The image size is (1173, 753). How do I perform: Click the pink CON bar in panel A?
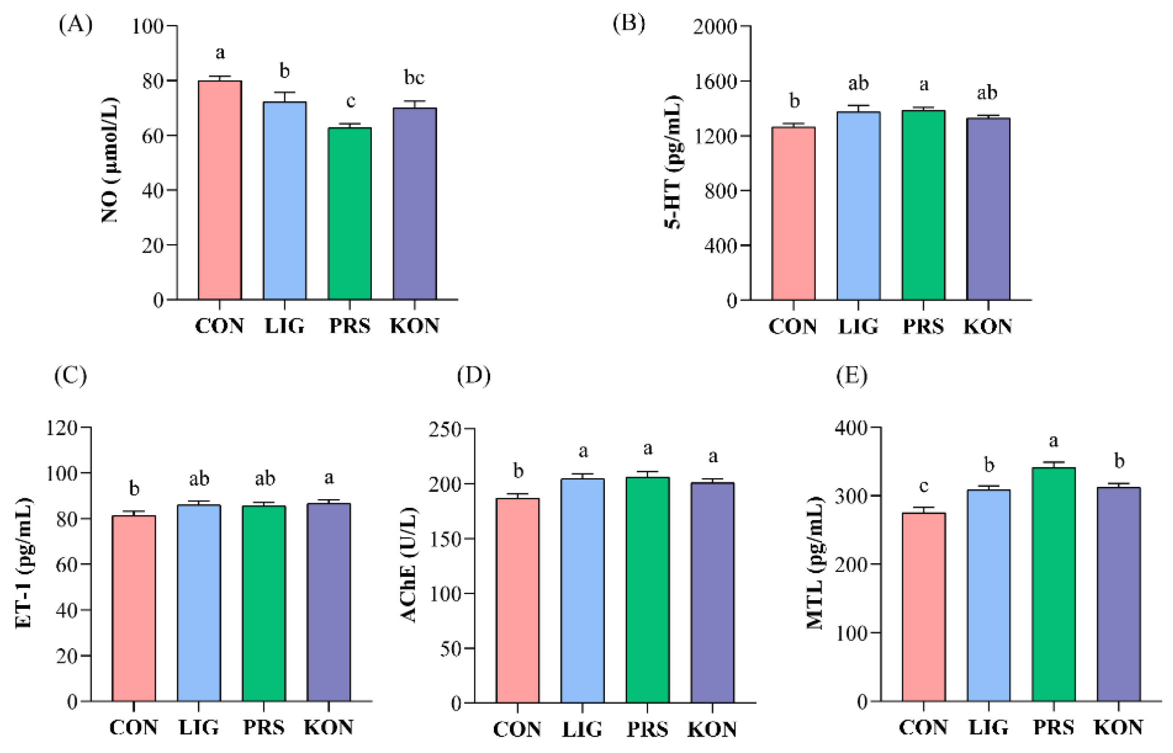(x=220, y=191)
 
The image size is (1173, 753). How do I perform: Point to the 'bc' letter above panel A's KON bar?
(x=414, y=77)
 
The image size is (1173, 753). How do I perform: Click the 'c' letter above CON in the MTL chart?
(x=924, y=485)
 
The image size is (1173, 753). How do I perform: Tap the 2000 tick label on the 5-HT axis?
(x=715, y=27)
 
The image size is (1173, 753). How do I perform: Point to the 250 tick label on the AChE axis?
(x=445, y=430)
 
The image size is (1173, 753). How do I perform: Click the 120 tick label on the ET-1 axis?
(x=61, y=428)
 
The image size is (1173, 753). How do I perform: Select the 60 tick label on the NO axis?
(x=152, y=136)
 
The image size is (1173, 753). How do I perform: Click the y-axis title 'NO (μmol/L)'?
(x=111, y=160)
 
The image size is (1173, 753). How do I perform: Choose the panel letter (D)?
(x=473, y=375)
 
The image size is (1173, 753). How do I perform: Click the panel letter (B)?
(x=629, y=23)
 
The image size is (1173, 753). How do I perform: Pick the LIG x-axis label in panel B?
(x=858, y=327)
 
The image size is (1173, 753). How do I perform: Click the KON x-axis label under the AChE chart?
(x=712, y=729)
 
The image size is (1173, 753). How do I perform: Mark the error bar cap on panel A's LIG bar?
(x=284, y=92)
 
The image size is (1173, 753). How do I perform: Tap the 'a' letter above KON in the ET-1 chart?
(x=329, y=477)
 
